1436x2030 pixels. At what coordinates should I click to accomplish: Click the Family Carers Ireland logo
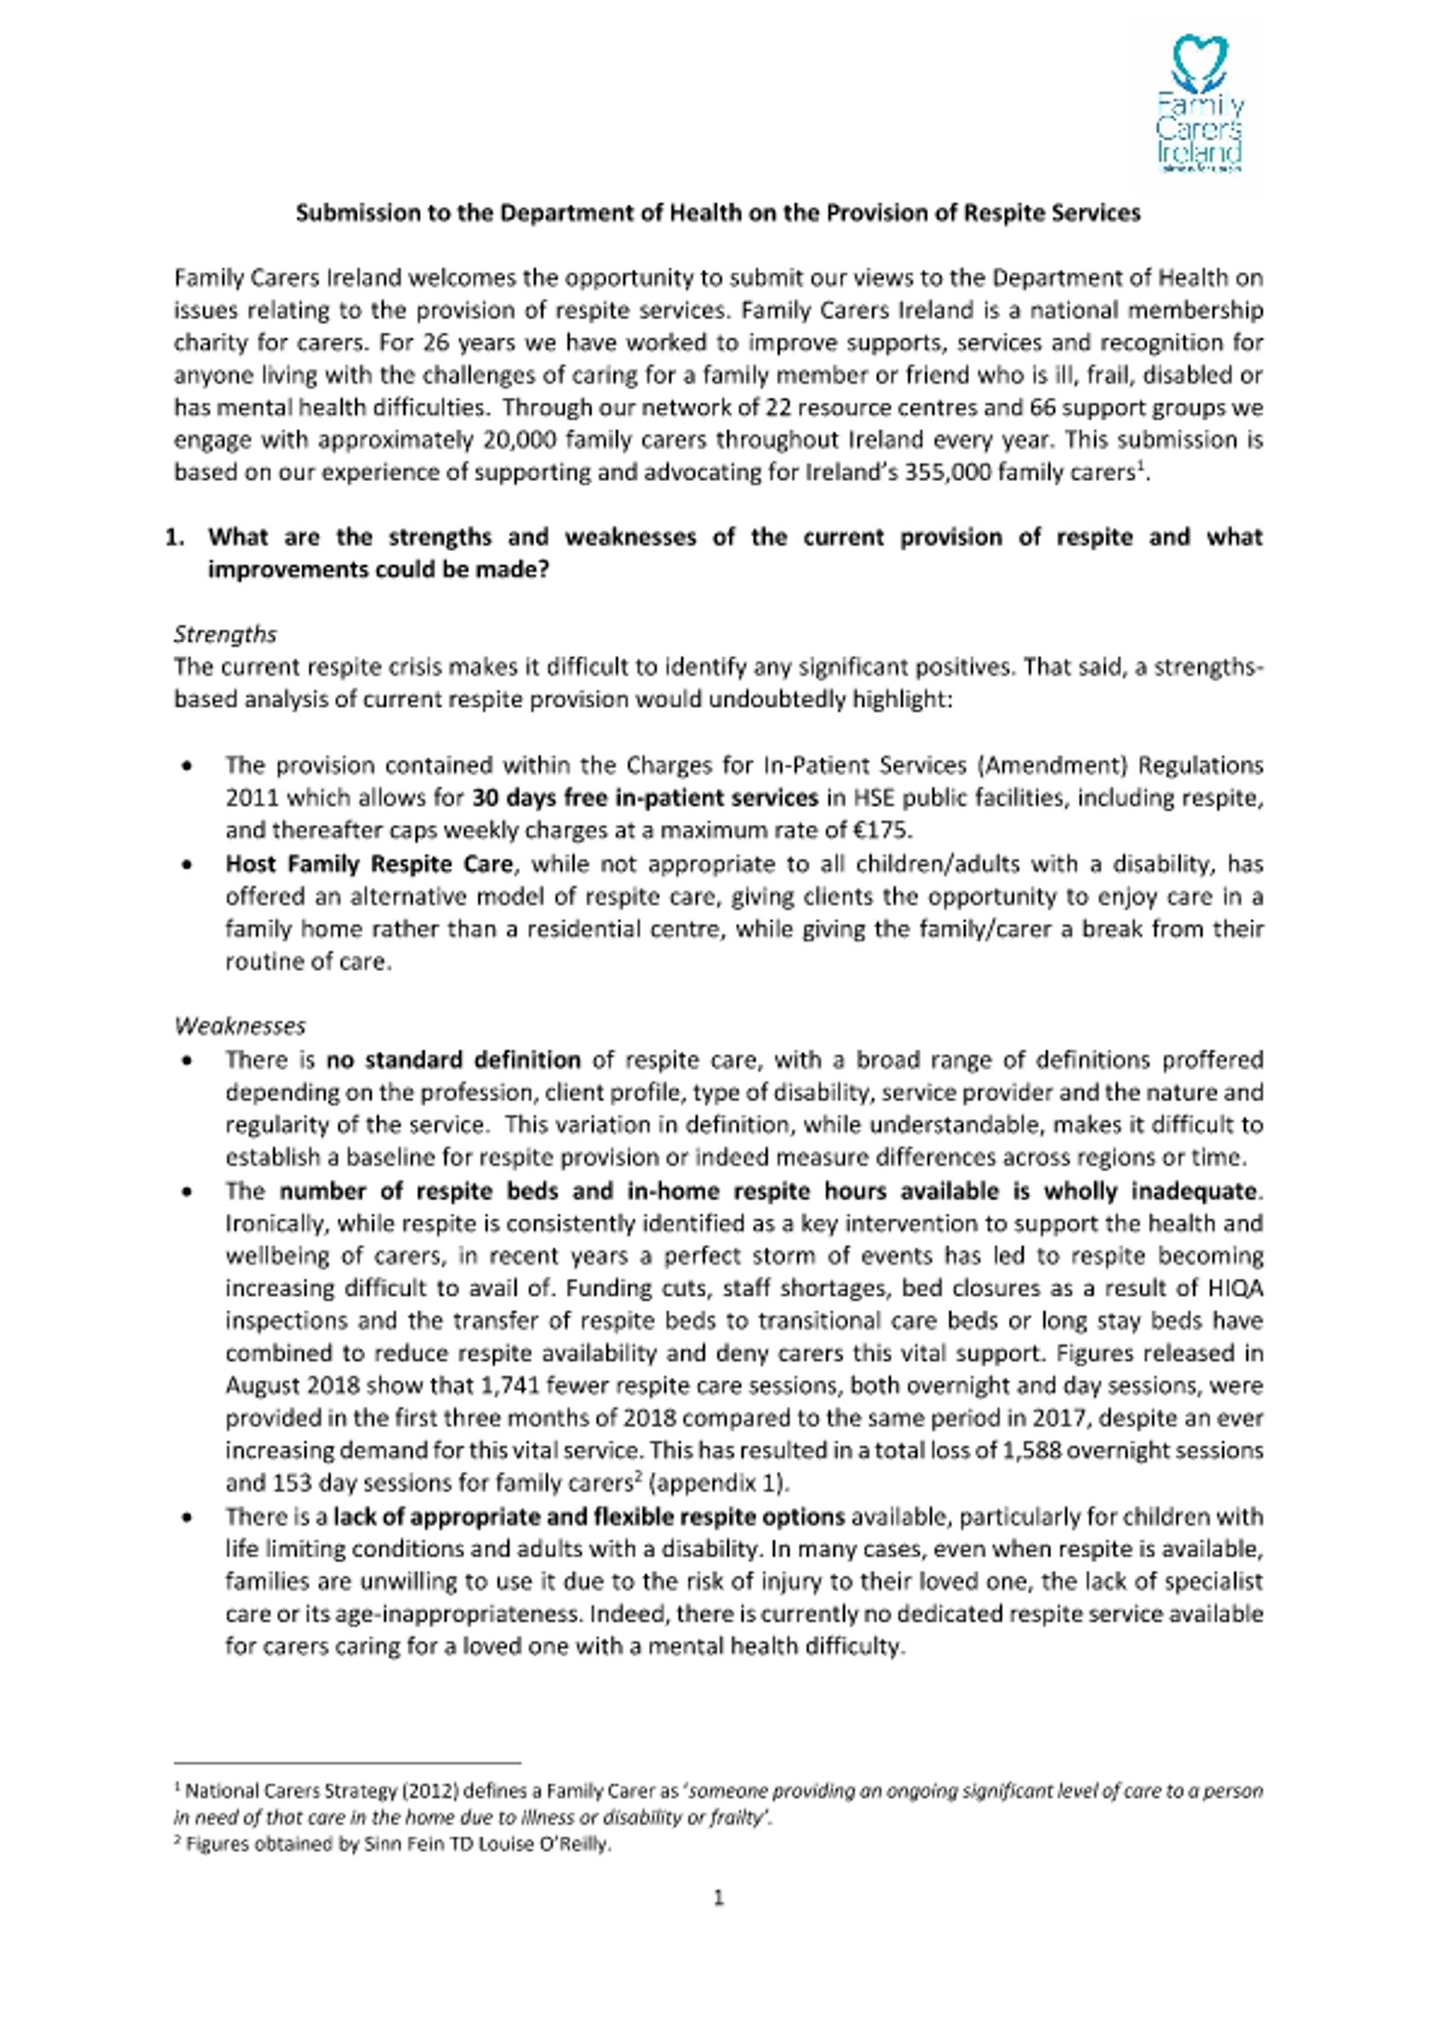1198,103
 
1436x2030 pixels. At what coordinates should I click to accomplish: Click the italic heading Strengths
224,634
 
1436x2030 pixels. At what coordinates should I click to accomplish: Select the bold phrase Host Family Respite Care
369,864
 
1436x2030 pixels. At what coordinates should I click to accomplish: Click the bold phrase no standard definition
453,1060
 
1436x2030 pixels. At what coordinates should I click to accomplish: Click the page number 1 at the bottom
718,1898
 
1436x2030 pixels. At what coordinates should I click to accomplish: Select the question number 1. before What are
175,538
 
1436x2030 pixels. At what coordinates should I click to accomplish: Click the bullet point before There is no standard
187,1061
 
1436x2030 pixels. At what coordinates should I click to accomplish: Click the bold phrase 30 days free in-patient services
645,798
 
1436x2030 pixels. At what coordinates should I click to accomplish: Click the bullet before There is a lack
187,1518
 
